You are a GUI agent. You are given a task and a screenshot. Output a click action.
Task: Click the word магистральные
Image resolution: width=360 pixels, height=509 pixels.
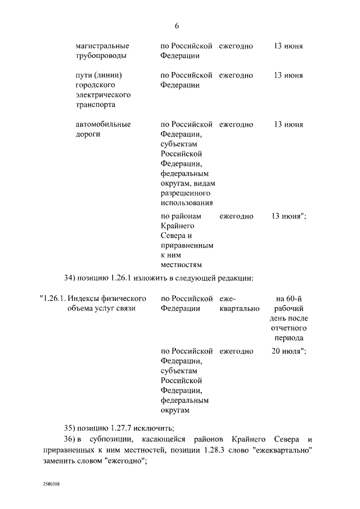click(102, 46)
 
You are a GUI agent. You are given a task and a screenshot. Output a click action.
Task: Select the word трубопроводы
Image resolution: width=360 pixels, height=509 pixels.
click(101, 56)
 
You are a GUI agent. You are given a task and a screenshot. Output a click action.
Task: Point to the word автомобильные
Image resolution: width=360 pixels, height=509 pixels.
click(103, 124)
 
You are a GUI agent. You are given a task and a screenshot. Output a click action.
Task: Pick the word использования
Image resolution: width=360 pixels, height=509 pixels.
click(186, 203)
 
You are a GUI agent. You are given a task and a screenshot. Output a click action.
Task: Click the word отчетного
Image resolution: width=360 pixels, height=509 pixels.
click(290, 328)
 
